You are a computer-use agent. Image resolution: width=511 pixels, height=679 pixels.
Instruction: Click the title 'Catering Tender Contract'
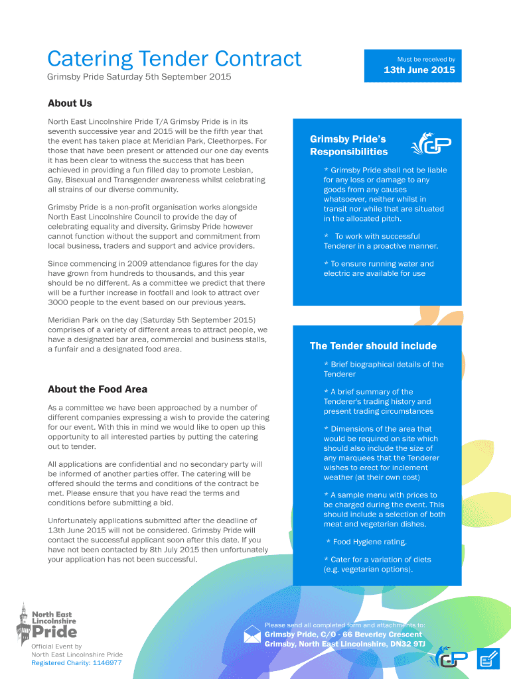174,59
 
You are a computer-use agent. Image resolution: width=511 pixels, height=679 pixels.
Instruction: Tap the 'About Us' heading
70,103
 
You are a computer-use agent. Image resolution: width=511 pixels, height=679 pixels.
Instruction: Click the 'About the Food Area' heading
98,389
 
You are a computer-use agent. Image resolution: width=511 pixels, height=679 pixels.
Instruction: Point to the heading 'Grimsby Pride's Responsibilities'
348,145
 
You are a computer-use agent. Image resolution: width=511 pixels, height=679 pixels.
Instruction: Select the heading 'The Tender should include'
373,346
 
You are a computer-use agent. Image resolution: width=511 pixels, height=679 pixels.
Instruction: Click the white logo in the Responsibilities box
431,145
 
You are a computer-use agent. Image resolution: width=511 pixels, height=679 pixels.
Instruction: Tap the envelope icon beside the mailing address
252,635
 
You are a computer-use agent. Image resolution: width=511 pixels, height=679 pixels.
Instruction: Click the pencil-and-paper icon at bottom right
488,658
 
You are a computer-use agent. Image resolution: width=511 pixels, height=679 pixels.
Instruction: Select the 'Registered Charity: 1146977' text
76,663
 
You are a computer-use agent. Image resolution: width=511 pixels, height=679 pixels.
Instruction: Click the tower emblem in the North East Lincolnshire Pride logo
24,621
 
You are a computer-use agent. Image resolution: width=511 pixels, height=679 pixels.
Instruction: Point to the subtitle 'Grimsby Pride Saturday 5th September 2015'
139,78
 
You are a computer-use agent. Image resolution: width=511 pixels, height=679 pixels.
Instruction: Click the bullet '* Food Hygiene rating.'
366,542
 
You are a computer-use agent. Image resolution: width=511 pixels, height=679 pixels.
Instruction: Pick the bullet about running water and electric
378,269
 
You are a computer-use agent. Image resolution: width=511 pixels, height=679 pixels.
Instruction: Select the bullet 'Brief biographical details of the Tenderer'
384,369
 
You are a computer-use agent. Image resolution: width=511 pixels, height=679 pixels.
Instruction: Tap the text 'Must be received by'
425,59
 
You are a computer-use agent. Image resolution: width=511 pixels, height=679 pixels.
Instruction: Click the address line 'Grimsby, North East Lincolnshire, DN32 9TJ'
344,644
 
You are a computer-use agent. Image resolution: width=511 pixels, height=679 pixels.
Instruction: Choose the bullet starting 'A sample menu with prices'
384,509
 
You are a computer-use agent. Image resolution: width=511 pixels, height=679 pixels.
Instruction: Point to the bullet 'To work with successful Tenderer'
380,241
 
